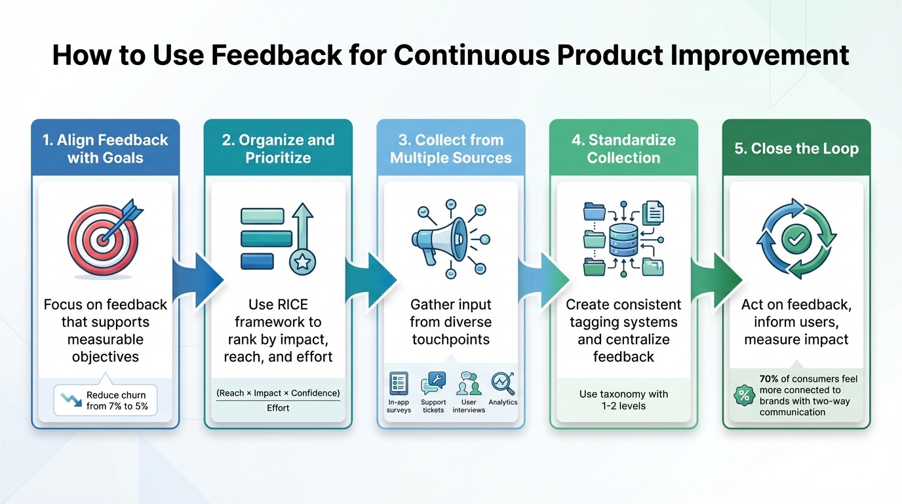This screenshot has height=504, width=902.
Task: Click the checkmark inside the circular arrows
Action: coord(796,240)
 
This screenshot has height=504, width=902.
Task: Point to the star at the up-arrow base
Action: coord(302,262)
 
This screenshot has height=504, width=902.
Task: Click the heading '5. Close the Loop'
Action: coord(796,148)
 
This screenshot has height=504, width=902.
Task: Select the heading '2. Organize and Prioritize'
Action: coord(278,148)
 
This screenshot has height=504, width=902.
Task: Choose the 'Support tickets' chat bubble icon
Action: coord(433,383)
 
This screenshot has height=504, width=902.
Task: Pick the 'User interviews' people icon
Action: coord(469,383)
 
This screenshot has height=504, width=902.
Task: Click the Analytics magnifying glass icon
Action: coord(503,383)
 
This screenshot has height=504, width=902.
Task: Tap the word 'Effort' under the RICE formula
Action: coord(278,408)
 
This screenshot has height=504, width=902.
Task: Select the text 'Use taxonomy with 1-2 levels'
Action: coord(623,400)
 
